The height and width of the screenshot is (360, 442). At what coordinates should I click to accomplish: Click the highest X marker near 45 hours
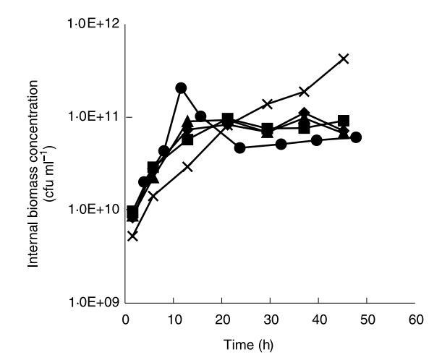[344, 58]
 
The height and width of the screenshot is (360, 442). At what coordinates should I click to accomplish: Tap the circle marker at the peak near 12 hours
[181, 88]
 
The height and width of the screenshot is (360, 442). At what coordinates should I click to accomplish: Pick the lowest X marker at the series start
[132, 235]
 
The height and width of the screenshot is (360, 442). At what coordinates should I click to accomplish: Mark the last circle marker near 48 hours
[355, 137]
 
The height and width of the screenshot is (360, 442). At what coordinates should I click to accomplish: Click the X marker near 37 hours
[305, 92]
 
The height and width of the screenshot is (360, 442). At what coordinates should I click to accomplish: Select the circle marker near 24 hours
[240, 147]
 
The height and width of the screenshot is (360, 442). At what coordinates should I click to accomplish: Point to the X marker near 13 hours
[188, 167]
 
